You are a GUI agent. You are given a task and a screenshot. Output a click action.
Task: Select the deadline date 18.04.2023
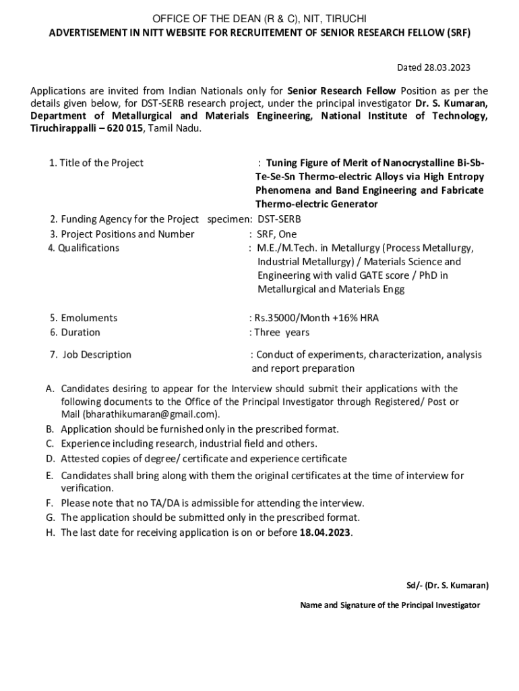coord(326,532)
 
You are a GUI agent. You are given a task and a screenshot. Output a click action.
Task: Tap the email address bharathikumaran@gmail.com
coord(151,414)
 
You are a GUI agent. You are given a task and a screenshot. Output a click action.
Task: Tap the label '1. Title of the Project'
coord(96,163)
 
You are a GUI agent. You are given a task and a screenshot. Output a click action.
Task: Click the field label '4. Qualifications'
coord(84,248)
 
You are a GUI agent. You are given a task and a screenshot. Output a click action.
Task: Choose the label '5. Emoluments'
coord(84,318)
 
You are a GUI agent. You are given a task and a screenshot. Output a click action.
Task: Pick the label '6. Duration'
coord(75,332)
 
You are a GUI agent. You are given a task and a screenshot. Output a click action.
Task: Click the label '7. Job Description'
coord(90,354)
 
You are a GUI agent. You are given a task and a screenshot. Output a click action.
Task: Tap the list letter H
coord(50,532)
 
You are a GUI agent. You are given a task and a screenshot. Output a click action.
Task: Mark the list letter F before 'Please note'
coord(49,503)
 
